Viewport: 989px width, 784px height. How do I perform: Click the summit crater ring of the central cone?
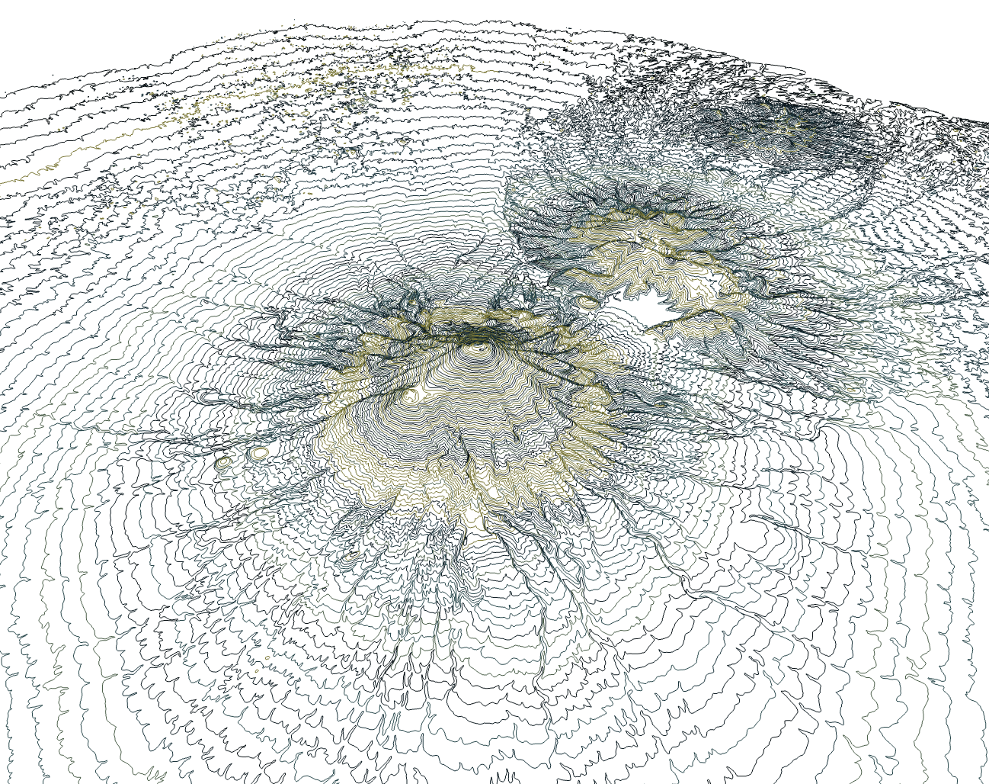pyautogui.click(x=480, y=348)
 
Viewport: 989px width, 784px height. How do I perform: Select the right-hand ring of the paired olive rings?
pyautogui.click(x=261, y=453)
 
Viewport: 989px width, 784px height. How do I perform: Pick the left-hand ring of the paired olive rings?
pyautogui.click(x=223, y=461)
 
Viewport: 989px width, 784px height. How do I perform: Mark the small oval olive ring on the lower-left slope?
pyautogui.click(x=350, y=557)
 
